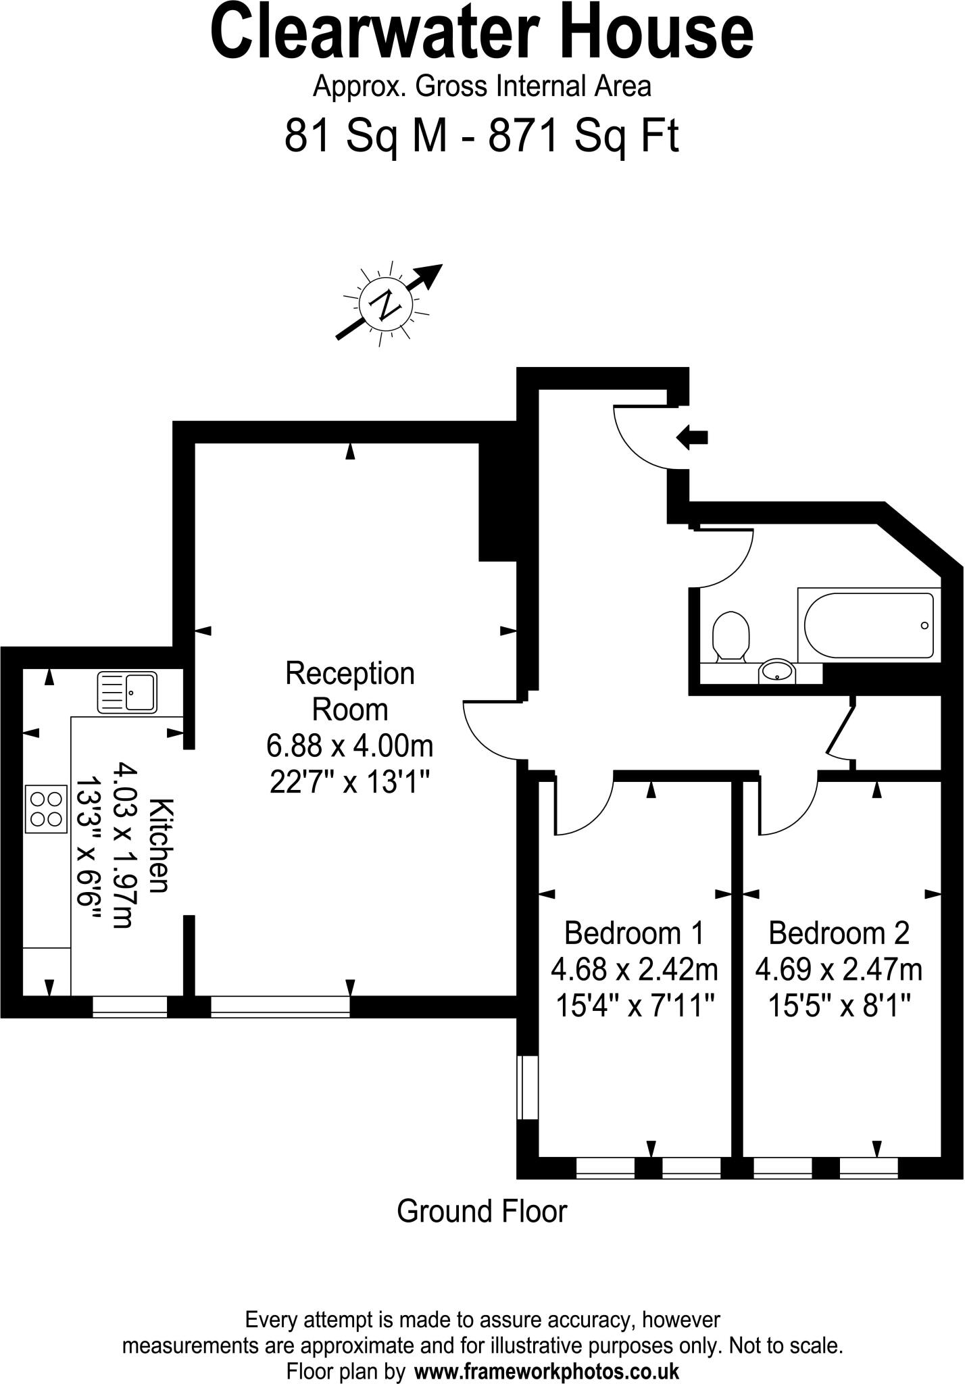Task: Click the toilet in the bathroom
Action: click(x=731, y=636)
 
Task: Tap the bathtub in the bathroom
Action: click(x=868, y=625)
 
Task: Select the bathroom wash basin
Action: click(x=777, y=672)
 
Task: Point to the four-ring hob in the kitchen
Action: click(x=47, y=809)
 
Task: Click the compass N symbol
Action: click(x=385, y=305)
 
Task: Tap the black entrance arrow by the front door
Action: click(x=691, y=437)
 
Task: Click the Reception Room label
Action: click(x=350, y=691)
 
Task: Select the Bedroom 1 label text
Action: click(x=634, y=933)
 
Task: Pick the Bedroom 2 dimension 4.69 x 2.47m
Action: click(x=839, y=970)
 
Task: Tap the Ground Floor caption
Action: click(x=481, y=1211)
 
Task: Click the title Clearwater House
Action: click(x=482, y=34)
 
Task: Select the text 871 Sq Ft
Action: click(x=583, y=137)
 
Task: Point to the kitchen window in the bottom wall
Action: click(x=129, y=1006)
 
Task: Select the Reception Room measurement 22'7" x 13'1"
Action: click(x=350, y=783)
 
